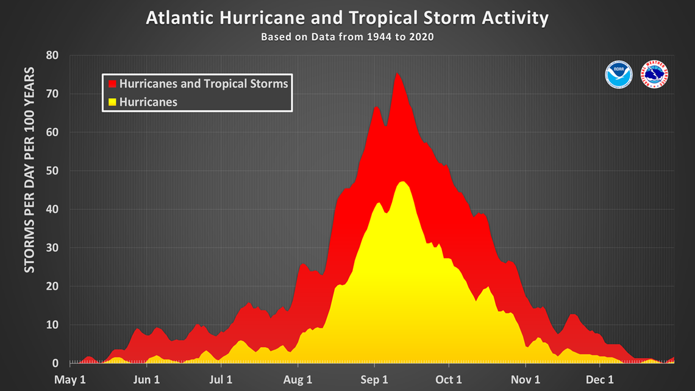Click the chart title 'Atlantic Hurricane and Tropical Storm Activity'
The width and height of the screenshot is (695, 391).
(347, 18)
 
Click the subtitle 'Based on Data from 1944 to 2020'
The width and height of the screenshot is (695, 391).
(347, 37)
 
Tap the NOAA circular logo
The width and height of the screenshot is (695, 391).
(619, 74)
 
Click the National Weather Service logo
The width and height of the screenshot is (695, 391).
(656, 74)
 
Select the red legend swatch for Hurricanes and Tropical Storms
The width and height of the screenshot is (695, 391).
(112, 84)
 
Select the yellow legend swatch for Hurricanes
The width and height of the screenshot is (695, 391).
(112, 102)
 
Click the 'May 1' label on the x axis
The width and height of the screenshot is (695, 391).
(71, 379)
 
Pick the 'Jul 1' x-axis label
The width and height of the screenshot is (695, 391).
(221, 379)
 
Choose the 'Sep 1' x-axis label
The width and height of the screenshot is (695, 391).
(373, 379)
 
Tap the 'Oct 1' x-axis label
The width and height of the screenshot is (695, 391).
(449, 379)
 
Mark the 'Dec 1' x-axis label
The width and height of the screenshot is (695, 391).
(601, 379)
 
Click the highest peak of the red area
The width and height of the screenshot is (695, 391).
(397, 74)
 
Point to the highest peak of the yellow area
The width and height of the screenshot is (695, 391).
(402, 182)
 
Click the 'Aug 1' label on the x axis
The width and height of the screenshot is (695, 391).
(298, 379)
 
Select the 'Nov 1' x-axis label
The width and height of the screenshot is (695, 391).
(525, 379)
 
